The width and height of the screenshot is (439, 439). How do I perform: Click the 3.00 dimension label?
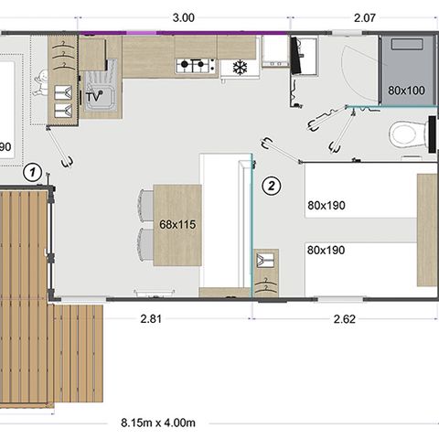(x=183, y=17)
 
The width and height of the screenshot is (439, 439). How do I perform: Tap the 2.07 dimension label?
(x=365, y=17)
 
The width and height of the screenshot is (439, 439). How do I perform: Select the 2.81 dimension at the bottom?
(x=151, y=319)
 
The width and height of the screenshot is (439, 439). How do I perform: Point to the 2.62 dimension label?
(x=345, y=319)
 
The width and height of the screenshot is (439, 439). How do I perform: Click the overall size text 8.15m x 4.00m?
(x=158, y=423)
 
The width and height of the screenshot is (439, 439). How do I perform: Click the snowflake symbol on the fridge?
(x=241, y=68)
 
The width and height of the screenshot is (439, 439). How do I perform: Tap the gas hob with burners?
(x=196, y=66)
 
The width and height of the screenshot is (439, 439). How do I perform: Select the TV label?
(x=93, y=97)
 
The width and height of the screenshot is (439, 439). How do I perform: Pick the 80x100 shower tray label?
(x=406, y=91)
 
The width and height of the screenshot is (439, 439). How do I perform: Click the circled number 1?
(x=33, y=173)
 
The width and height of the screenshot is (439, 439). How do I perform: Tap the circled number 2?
(x=272, y=186)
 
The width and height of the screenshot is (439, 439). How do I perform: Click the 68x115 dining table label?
(x=177, y=225)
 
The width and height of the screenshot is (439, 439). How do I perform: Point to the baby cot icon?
(x=41, y=83)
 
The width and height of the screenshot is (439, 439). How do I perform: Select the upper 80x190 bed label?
(x=327, y=206)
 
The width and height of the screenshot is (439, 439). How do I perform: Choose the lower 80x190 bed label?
(x=326, y=251)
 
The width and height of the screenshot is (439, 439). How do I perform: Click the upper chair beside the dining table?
(x=145, y=206)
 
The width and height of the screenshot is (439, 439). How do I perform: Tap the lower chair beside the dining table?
(x=145, y=245)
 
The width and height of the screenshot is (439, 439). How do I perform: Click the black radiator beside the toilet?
(x=432, y=134)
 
